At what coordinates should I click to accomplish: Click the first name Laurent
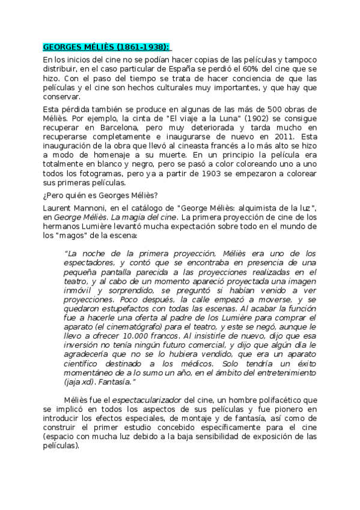coord(59,207)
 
